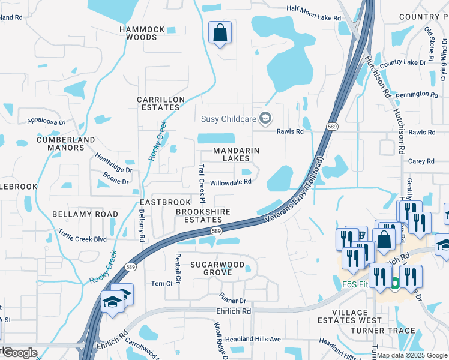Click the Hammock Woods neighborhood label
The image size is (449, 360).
coord(138,33)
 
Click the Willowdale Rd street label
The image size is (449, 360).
coord(230,182)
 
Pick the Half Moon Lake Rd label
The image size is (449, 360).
coord(313,18)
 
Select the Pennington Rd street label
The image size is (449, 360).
coord(417,94)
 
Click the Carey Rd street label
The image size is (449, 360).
coord(421,161)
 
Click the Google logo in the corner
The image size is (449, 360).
coord(19,353)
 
